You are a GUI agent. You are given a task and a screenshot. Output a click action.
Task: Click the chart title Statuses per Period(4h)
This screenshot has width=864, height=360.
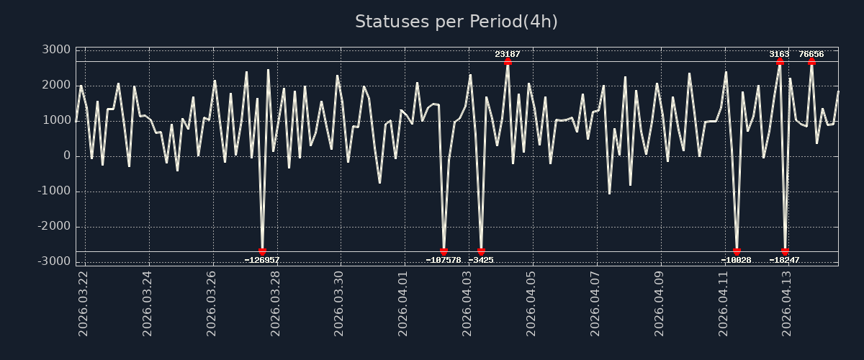click(x=456, y=22)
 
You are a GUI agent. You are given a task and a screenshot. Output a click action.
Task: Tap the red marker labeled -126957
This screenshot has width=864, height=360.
click(x=262, y=252)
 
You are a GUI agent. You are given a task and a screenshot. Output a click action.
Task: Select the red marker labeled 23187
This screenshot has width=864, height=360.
click(x=508, y=61)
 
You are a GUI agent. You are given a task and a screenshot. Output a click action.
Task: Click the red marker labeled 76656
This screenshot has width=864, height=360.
click(x=811, y=61)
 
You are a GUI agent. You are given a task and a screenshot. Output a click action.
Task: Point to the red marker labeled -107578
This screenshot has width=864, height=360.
click(x=444, y=252)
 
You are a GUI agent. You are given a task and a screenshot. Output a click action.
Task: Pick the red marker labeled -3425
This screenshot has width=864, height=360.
click(x=481, y=252)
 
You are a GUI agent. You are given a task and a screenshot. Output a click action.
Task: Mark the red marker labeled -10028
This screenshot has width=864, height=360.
click(x=737, y=252)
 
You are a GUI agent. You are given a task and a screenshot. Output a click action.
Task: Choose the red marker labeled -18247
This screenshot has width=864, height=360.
click(x=785, y=252)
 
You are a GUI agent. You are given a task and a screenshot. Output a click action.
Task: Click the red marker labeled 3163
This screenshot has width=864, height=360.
click(x=780, y=61)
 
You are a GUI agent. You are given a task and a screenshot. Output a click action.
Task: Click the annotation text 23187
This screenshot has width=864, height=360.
click(x=508, y=54)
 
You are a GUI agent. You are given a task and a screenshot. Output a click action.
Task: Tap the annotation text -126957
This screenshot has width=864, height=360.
click(x=262, y=260)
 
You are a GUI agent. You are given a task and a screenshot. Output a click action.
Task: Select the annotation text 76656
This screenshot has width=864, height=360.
click(x=811, y=54)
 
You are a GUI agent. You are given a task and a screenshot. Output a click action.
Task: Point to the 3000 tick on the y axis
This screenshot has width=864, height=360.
click(x=56, y=50)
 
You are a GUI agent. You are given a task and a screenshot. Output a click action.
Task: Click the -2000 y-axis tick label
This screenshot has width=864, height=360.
click(x=53, y=226)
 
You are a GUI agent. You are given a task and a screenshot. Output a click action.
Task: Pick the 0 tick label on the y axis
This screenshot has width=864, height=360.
click(x=66, y=156)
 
